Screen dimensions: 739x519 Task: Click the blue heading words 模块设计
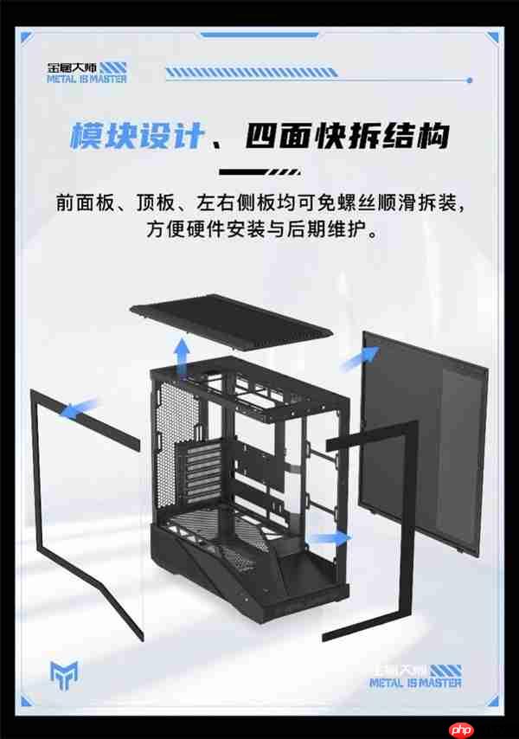[138, 136]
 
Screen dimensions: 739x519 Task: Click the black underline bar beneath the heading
[259, 170]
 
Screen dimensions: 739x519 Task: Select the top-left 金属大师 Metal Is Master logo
[87, 72]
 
